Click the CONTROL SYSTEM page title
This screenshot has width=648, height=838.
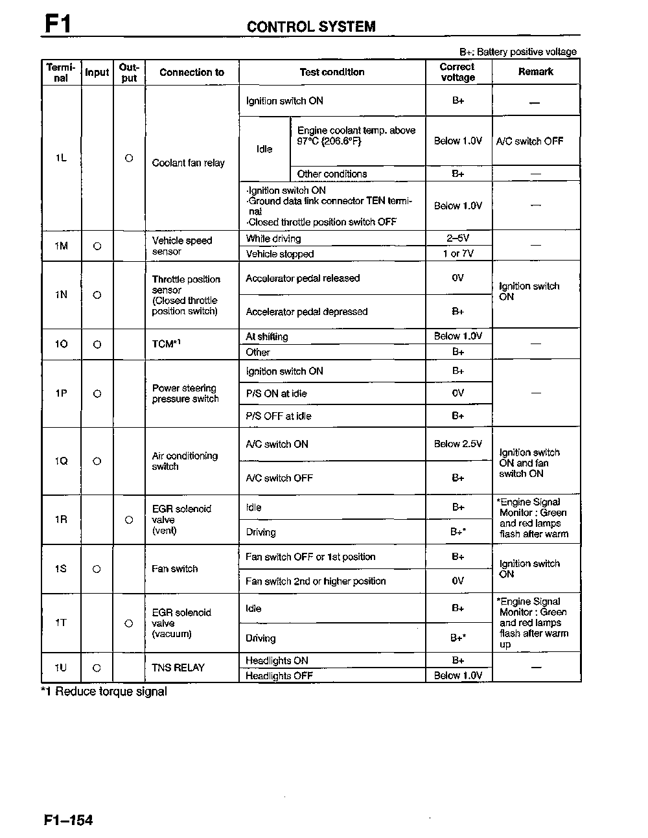(311, 27)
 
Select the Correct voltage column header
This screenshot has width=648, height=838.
(457, 72)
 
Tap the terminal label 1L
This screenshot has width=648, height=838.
(61, 157)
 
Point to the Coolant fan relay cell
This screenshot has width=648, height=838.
(188, 163)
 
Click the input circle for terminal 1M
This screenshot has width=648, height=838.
(97, 246)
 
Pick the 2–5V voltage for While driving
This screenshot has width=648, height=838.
(457, 239)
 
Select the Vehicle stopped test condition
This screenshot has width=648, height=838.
(279, 254)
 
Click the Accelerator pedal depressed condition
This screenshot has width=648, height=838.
(306, 312)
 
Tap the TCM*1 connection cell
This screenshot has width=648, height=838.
(167, 343)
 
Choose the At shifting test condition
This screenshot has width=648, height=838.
(267, 336)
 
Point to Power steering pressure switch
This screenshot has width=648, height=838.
(185, 393)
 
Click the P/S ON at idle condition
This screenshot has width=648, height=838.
(276, 393)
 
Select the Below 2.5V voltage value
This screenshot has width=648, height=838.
(457, 444)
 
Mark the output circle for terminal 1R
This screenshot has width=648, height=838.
(129, 520)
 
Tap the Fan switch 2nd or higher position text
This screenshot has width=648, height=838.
(315, 581)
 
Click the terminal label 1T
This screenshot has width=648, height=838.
(61, 623)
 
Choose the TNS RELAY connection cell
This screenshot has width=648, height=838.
(178, 668)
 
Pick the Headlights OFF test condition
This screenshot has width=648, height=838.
(279, 676)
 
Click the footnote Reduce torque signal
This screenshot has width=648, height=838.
(104, 692)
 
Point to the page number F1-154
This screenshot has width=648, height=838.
(69, 820)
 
